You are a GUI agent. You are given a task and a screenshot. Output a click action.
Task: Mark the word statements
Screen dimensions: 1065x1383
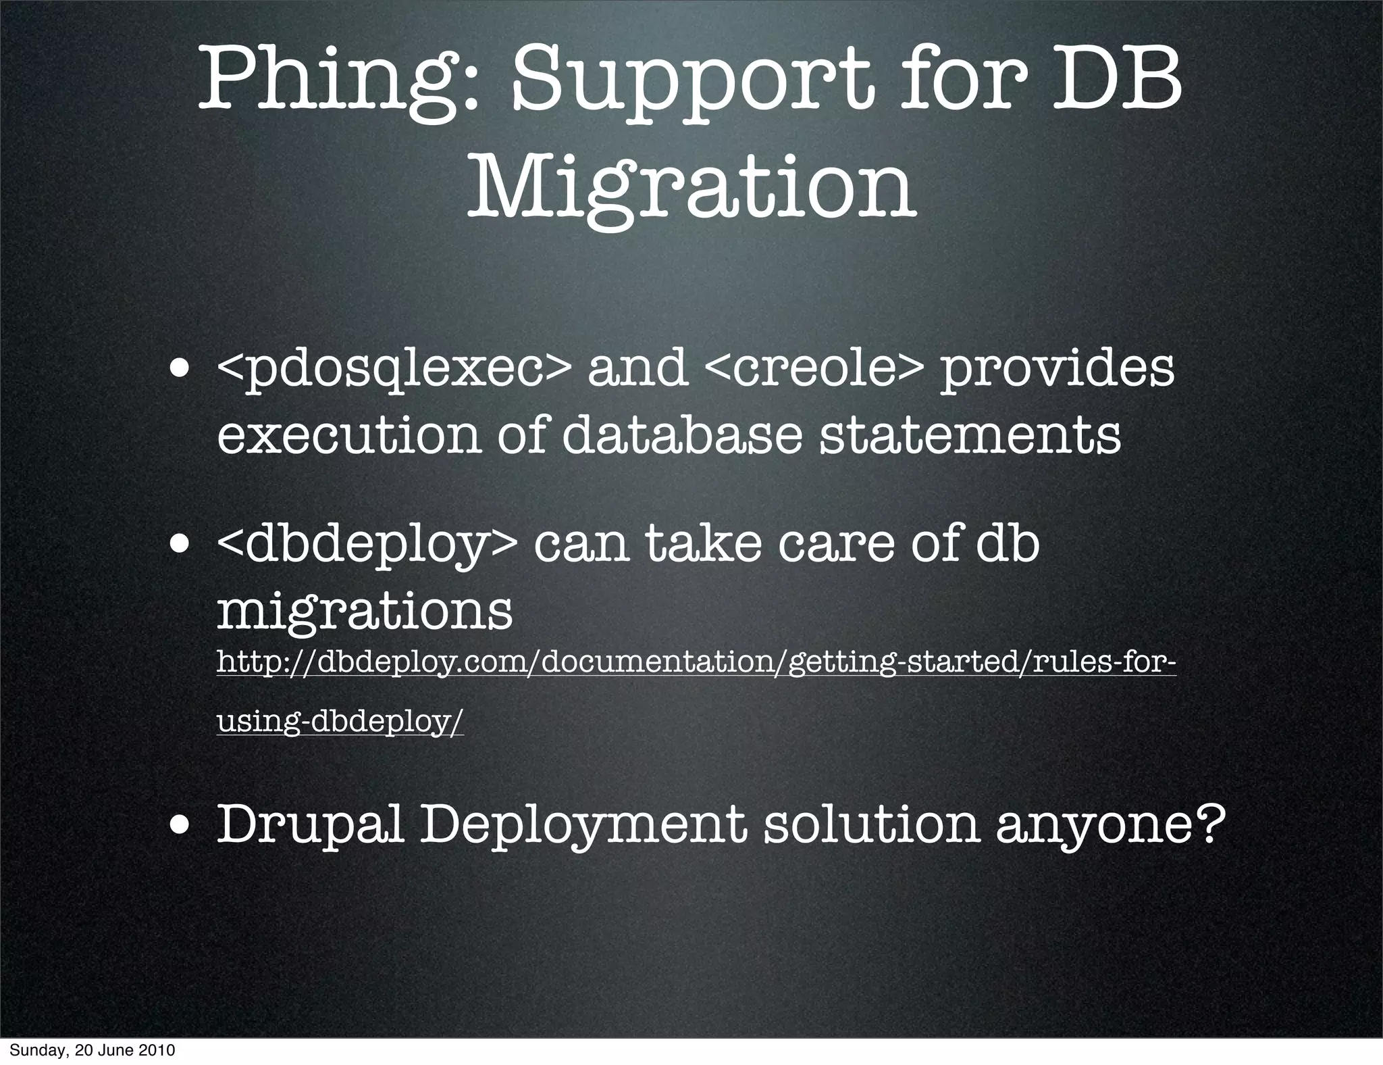coord(970,435)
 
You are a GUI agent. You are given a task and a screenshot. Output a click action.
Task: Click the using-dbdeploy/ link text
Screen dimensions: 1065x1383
coord(340,722)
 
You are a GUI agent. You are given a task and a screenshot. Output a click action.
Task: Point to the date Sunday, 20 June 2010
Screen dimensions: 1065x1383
coord(93,1051)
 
